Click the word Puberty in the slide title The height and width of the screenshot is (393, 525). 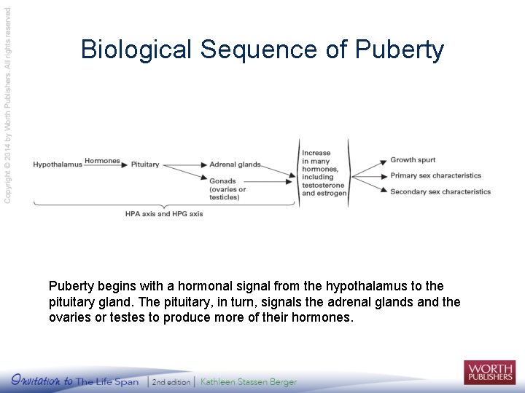[x=400, y=50]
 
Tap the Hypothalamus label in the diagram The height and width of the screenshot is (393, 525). [x=58, y=164]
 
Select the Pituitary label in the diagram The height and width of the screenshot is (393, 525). [x=145, y=164]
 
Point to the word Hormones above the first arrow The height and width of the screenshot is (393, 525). [x=102, y=161]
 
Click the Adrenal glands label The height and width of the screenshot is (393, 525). [x=235, y=164]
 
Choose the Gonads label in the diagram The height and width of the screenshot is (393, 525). [x=222, y=181]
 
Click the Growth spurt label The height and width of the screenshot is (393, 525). [x=413, y=160]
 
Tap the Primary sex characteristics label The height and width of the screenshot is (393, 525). [x=435, y=175]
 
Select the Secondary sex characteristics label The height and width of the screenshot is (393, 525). [x=440, y=192]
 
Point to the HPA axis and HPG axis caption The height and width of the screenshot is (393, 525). [x=164, y=214]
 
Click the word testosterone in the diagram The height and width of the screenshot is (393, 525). [x=322, y=185]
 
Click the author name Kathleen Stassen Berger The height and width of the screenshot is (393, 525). [x=249, y=381]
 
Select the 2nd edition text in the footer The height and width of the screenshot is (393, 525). [x=171, y=381]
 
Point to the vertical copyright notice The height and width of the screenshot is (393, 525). [x=8, y=105]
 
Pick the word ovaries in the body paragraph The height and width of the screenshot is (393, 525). [x=69, y=318]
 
